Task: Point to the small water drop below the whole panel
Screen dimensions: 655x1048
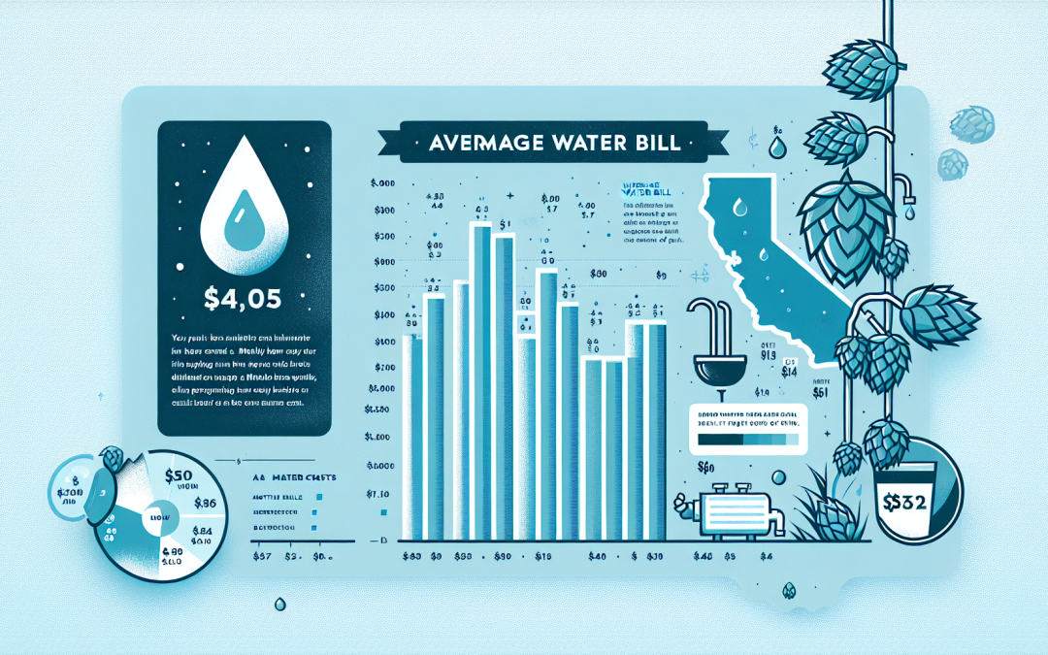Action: coord(279,605)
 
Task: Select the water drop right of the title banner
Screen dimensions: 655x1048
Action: coord(775,147)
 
